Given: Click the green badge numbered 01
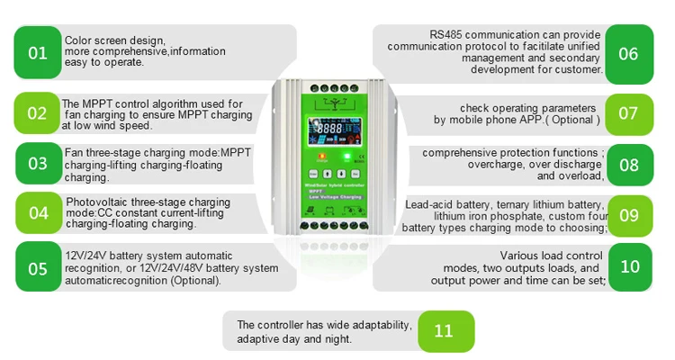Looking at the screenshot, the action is pos(38,52).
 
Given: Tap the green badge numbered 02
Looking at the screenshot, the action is pos(38,113).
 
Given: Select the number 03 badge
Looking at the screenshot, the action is pos(38,164).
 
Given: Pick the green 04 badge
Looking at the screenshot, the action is pos(38,213).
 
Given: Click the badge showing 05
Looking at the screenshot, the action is pos(38,268).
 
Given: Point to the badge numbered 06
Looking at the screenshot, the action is pos(628,53).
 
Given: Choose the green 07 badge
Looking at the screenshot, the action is pos(628,113).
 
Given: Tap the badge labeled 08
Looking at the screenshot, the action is pos(628,164).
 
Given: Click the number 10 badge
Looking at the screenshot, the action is pos(628,267).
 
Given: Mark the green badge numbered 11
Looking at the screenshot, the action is pos(444,330).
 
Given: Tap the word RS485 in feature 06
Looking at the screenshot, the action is pos(447,33).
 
